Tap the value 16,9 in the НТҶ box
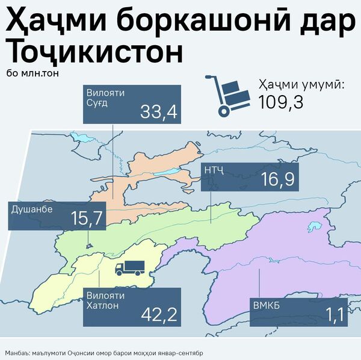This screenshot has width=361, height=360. (277, 179)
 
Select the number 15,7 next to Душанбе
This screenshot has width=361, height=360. (87, 219)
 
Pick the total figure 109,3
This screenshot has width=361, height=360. (280, 102)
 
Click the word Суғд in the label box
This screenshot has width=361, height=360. (98, 104)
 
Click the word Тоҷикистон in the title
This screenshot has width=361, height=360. (93, 52)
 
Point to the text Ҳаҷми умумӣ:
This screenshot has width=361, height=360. (301, 85)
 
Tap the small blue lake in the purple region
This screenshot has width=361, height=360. (313, 228)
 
